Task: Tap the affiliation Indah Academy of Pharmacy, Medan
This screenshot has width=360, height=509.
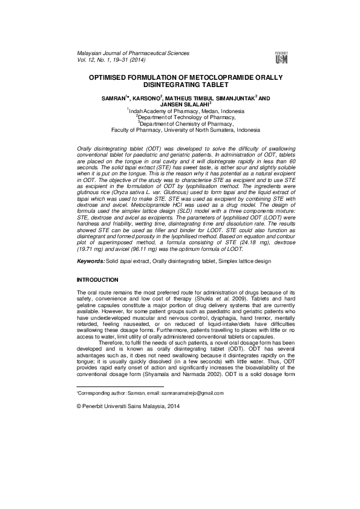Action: coord(181,111)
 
